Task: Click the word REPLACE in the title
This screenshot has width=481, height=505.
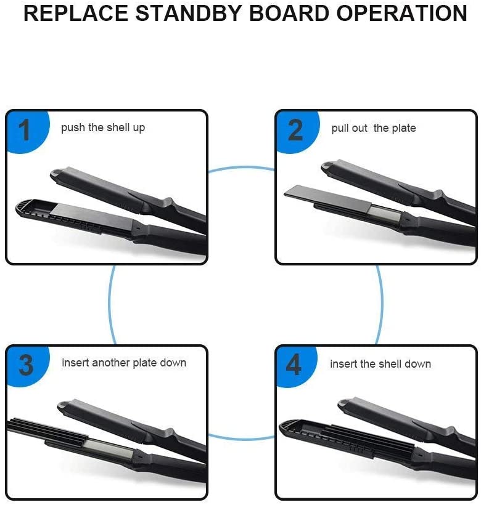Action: [x=76, y=13]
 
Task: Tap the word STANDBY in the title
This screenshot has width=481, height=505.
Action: [x=189, y=13]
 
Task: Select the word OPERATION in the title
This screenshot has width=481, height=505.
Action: [x=402, y=13]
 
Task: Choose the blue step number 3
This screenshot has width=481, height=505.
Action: [x=26, y=365]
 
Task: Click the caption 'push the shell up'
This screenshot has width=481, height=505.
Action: [x=103, y=127]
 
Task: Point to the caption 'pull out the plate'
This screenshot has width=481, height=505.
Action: [x=374, y=128]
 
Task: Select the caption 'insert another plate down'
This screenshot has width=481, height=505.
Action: [x=124, y=363]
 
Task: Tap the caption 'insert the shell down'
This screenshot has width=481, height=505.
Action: [x=380, y=364]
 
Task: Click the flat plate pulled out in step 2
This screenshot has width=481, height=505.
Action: [x=327, y=198]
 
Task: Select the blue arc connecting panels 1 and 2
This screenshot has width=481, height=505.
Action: [x=241, y=167]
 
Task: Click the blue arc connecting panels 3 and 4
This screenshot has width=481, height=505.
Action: [x=241, y=438]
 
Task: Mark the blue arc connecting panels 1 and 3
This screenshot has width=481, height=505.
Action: [x=110, y=304]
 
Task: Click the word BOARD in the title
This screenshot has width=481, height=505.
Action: [x=289, y=13]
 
